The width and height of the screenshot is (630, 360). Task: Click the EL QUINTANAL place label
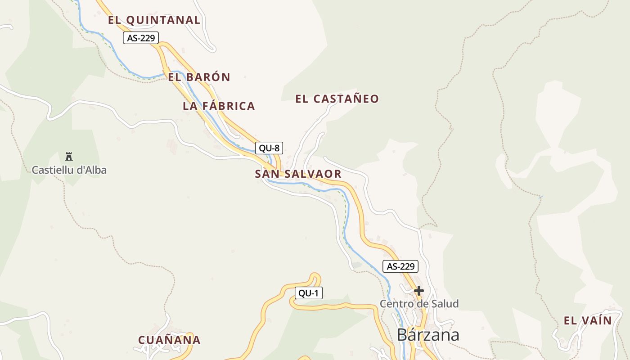(154, 20)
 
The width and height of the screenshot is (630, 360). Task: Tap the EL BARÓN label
(199, 77)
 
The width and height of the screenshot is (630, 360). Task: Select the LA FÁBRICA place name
(219, 106)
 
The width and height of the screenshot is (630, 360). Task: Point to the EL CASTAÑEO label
(337, 99)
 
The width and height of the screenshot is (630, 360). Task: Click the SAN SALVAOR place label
(298, 174)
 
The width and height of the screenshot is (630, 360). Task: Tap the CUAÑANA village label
(169, 340)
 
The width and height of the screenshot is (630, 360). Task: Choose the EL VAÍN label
(588, 320)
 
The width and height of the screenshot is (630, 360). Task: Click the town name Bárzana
(428, 335)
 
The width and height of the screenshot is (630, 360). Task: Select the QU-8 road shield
(269, 148)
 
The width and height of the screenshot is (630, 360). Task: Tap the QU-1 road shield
(309, 293)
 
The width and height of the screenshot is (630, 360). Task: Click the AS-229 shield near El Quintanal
(141, 38)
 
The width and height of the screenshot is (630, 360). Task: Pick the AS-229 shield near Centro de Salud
(400, 266)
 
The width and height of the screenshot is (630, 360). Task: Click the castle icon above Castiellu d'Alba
(69, 157)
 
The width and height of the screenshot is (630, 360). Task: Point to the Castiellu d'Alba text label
(69, 170)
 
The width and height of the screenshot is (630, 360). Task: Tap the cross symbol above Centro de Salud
(419, 291)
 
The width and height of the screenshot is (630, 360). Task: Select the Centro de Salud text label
(419, 304)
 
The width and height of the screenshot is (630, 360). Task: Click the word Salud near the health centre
(444, 304)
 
